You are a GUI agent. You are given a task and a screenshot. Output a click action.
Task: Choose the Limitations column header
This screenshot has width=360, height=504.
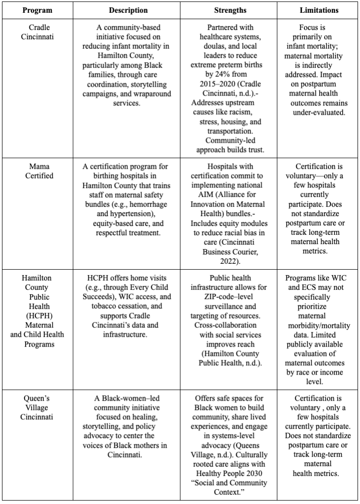[319, 10]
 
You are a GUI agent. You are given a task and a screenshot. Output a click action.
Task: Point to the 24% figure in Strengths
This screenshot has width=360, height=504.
[212, 73]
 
